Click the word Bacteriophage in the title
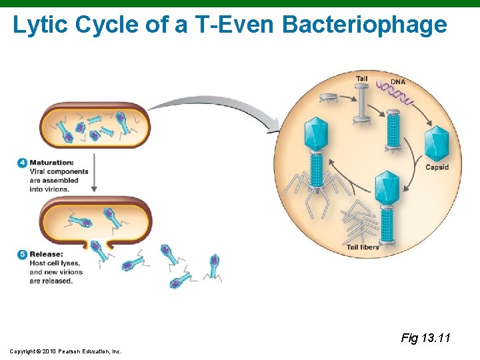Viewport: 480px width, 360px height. [x=365, y=25]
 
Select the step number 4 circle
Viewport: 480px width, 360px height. [x=23, y=163]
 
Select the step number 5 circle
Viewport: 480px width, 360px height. [x=23, y=254]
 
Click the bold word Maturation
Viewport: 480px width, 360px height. [x=51, y=163]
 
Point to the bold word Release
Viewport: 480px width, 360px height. [x=46, y=254]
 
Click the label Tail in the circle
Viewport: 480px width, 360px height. [x=361, y=79]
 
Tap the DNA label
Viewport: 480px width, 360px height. [x=397, y=82]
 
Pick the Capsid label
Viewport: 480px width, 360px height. [x=437, y=167]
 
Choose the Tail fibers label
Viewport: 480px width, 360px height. [x=363, y=247]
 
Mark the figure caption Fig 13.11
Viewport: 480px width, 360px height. [x=425, y=338]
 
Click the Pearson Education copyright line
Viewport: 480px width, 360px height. [x=65, y=351]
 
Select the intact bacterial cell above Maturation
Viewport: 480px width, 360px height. [x=95, y=125]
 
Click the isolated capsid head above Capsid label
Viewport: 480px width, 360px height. [x=437, y=142]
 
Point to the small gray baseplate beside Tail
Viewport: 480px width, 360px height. [x=328, y=98]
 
